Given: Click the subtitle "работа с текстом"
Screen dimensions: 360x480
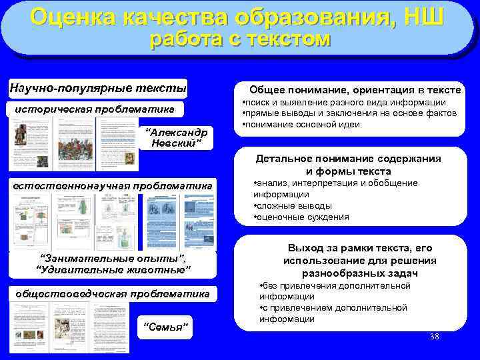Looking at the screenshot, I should (240, 39).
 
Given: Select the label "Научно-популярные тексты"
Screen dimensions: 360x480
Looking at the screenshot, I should (98, 88).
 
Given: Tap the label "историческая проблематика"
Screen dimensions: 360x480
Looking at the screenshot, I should (95, 109).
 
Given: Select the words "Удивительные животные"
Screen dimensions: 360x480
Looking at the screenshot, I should (113, 269).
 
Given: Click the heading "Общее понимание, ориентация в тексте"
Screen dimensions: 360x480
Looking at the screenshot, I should (355, 90).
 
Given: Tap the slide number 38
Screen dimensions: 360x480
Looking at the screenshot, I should (435, 336).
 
